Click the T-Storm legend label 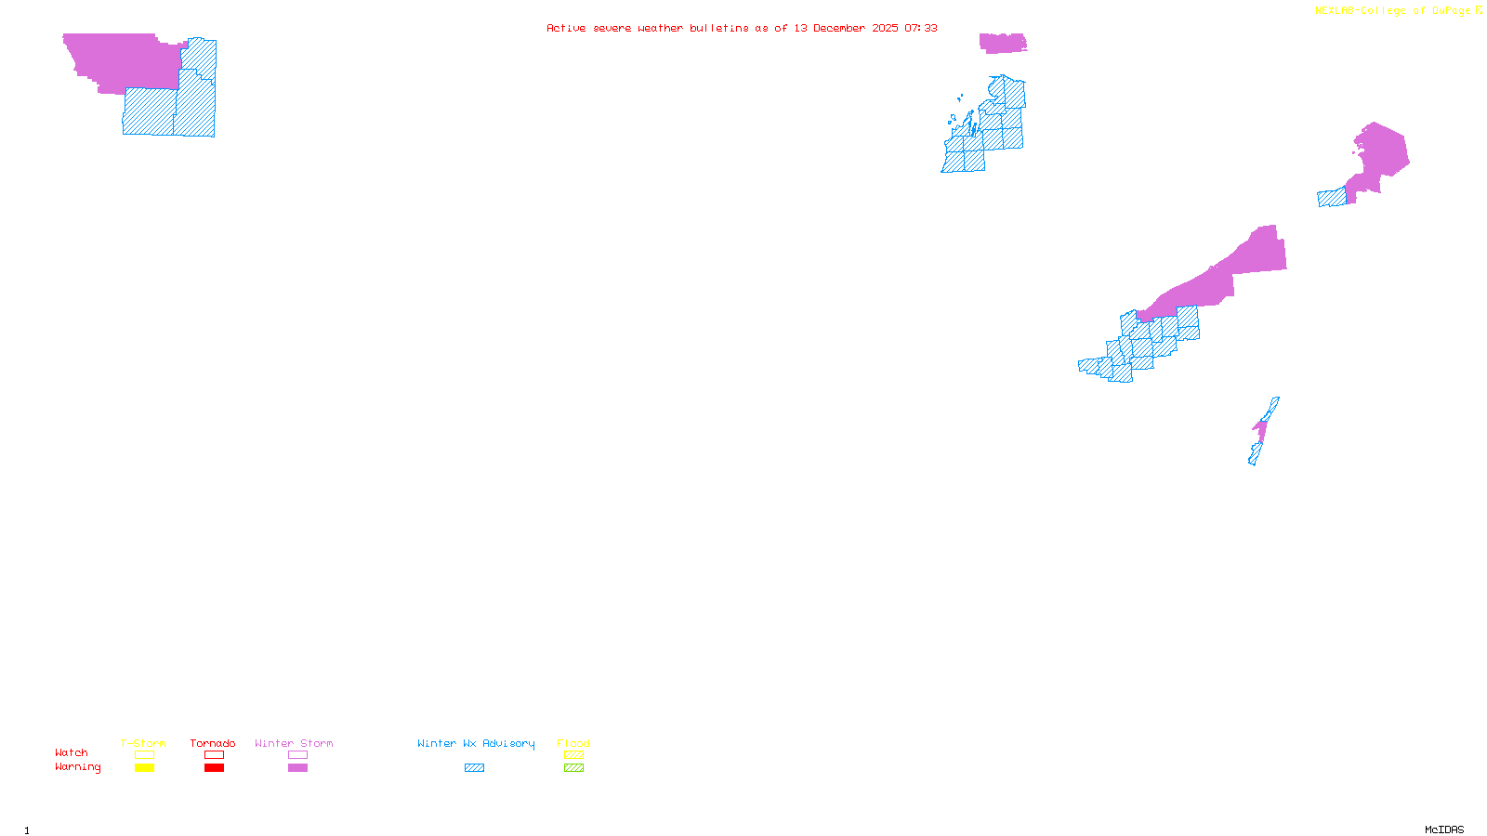coord(143,743)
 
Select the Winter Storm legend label coord(294,743)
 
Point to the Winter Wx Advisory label coord(476,743)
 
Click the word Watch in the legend coord(72,752)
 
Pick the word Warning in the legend coord(78,767)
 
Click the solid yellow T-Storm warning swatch coord(144,768)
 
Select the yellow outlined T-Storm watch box coord(144,755)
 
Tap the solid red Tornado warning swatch coord(215,768)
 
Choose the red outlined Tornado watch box coord(215,755)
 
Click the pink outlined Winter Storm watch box coord(298,755)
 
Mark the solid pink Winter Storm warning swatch coord(298,768)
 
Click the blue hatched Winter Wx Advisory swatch coord(475,768)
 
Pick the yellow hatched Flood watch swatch coord(574,755)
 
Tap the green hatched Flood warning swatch coord(574,768)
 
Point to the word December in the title coord(839,28)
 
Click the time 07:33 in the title coord(921,28)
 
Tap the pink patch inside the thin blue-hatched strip coord(1260,429)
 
